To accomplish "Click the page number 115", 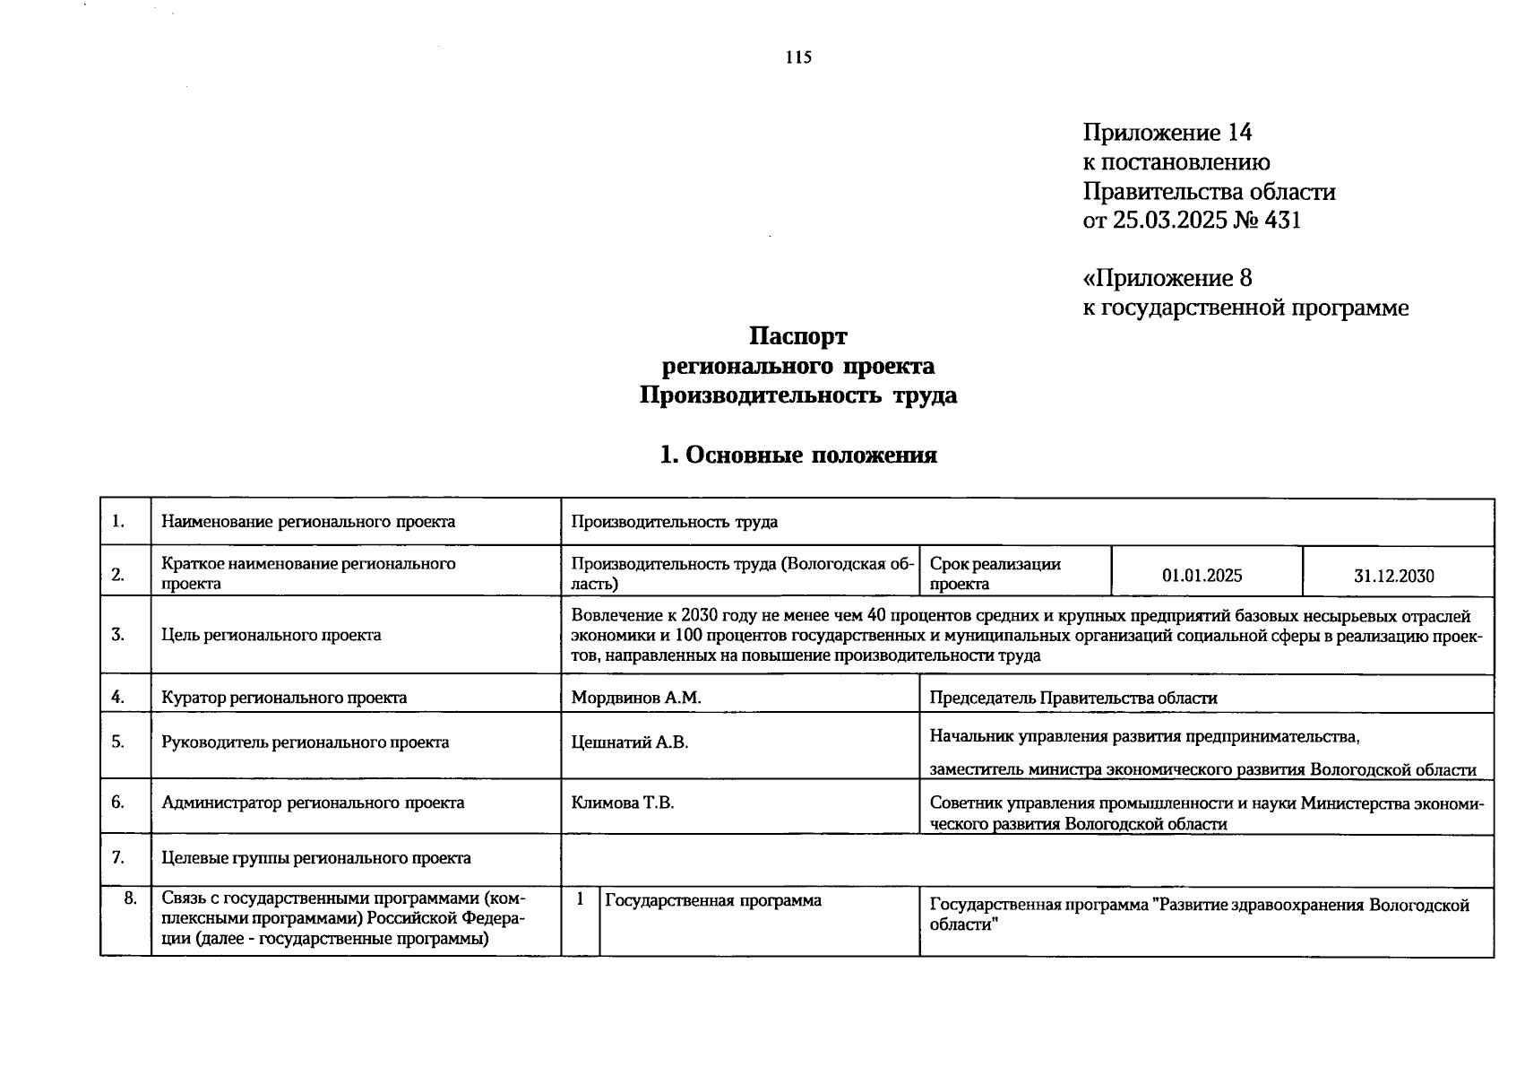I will [798, 57].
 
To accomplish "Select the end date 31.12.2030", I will [1393, 577].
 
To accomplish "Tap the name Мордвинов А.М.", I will [636, 698].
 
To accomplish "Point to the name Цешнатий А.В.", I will [630, 742].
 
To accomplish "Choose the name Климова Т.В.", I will [623, 803].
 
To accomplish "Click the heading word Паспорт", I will [797, 336].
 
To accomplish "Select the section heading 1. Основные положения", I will [797, 455].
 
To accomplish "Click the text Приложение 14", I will [1167, 133].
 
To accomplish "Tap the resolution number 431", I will [1282, 220].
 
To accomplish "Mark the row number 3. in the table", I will [118, 635].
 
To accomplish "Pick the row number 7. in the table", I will [118, 857].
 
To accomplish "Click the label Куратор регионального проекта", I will [284, 698].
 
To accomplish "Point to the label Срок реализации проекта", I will [995, 574].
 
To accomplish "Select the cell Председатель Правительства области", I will [1073, 698].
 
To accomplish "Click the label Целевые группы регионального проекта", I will [316, 858].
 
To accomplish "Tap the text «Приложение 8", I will [1167, 278].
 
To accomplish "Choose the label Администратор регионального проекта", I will [313, 803].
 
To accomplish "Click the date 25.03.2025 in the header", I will [1169, 220].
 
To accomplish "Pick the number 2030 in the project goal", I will [699, 616].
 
